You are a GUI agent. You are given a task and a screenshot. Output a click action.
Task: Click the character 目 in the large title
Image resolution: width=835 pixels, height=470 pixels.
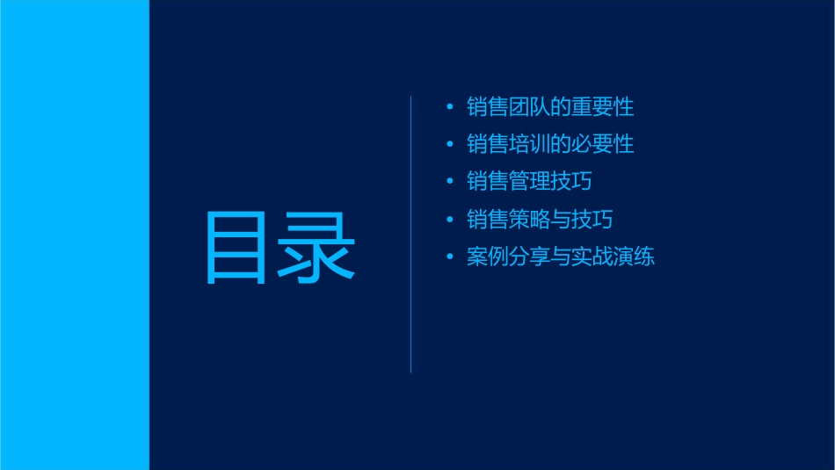pyautogui.click(x=236, y=247)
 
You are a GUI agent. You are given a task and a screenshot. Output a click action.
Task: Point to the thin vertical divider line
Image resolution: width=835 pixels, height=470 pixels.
pyautogui.click(x=410, y=235)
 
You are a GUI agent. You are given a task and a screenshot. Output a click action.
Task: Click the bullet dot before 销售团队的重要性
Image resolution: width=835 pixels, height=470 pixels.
pyautogui.click(x=450, y=108)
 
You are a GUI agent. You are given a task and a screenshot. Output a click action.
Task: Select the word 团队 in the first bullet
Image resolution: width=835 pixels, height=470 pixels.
pyautogui.click(x=529, y=108)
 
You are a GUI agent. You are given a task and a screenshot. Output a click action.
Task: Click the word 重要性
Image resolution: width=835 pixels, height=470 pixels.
pyautogui.click(x=602, y=108)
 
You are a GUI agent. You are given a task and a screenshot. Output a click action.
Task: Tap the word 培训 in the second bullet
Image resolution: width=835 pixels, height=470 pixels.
pyautogui.click(x=529, y=144)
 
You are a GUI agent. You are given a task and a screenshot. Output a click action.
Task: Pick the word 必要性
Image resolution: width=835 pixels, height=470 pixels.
pyautogui.click(x=602, y=144)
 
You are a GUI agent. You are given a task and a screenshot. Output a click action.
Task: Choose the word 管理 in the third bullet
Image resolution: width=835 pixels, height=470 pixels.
pyautogui.click(x=529, y=182)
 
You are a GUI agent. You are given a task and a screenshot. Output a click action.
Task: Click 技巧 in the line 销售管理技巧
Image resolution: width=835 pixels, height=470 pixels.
pyautogui.click(x=570, y=182)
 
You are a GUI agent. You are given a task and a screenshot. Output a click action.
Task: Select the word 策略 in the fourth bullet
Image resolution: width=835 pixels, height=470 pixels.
pyautogui.click(x=529, y=219)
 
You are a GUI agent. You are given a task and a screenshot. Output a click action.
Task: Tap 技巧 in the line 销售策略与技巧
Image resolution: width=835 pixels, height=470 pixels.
pyautogui.click(x=592, y=219)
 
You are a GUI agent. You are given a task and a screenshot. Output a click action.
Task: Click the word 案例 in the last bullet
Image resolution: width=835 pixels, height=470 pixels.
pyautogui.click(x=488, y=257)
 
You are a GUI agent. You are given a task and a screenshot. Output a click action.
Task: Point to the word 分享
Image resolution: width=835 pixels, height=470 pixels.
pyautogui.click(x=529, y=257)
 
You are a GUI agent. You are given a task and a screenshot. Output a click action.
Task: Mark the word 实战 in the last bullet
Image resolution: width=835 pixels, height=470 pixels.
pyautogui.click(x=592, y=257)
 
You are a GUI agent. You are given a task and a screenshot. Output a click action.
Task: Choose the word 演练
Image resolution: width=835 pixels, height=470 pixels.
pyautogui.click(x=634, y=257)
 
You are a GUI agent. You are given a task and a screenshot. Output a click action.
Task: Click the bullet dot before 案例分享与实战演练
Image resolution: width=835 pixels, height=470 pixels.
pyautogui.click(x=450, y=257)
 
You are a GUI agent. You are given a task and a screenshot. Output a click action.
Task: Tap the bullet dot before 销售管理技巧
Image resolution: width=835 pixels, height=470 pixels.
pyautogui.click(x=450, y=182)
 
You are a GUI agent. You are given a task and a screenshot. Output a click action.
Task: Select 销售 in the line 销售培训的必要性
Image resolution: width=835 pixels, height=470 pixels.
pyautogui.click(x=488, y=144)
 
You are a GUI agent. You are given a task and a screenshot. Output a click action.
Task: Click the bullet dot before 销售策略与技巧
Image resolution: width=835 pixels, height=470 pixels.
pyautogui.click(x=450, y=219)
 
